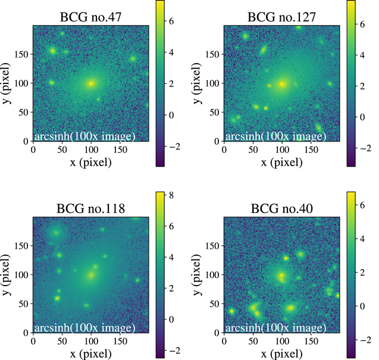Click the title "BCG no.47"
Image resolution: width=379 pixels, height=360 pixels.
coord(90,18)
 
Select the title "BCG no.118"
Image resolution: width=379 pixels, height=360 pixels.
coord(90,209)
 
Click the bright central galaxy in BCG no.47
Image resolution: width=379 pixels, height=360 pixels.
coord(90,83)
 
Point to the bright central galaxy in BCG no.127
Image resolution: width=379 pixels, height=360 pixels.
coord(282,83)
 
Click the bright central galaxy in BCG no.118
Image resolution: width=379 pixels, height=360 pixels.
coord(90,275)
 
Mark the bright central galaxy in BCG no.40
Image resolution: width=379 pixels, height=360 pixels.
coord(281,276)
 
